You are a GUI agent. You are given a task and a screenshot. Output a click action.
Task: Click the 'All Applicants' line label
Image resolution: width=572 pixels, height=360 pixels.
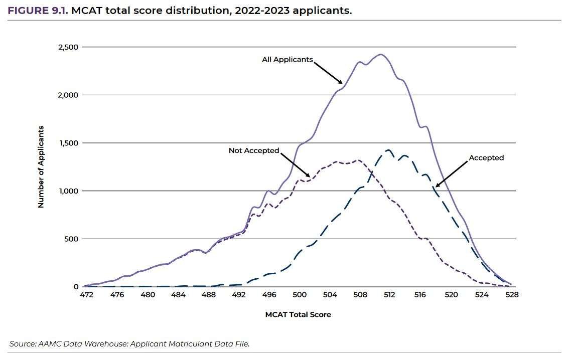click(287, 60)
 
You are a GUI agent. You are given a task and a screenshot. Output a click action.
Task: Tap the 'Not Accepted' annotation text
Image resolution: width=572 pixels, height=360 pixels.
click(253, 150)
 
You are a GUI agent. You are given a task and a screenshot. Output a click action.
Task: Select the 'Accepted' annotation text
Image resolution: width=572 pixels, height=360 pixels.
click(486, 158)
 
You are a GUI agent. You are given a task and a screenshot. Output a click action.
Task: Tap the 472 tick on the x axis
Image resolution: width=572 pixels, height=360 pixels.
click(86, 295)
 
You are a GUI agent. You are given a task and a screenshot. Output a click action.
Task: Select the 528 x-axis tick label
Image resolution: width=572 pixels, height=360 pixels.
click(512, 295)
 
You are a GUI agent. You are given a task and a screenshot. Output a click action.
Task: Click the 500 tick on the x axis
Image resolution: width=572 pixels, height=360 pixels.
click(300, 295)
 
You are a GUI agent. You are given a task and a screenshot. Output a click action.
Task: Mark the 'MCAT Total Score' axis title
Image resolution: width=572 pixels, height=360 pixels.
click(298, 315)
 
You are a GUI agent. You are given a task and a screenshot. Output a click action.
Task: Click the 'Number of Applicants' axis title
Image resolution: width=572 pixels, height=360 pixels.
click(41, 167)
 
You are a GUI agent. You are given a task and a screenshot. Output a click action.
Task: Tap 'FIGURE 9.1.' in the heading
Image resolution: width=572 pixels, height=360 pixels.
click(38, 10)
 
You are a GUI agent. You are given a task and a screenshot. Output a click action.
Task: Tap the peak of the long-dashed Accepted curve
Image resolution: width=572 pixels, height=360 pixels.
click(388, 150)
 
